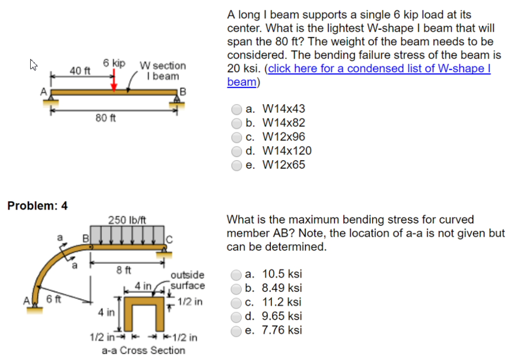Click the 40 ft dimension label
(x=79, y=71)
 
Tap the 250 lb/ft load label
(x=127, y=220)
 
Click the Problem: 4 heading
(x=38, y=206)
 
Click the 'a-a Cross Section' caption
(x=143, y=351)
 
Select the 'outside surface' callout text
(x=187, y=280)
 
